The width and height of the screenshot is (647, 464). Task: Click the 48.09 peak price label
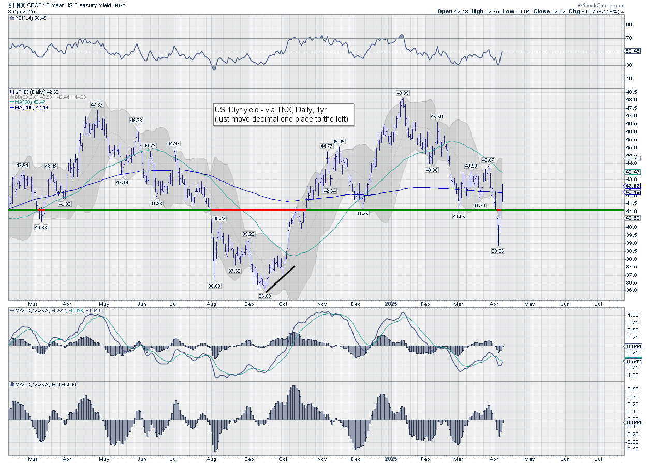coord(403,93)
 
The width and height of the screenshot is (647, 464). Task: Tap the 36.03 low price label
coord(265,296)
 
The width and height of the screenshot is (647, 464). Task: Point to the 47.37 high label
coord(96,105)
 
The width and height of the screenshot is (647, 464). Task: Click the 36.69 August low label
coord(215,286)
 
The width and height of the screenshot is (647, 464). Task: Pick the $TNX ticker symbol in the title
coord(17,5)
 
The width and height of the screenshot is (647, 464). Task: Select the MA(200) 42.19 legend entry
coord(27,107)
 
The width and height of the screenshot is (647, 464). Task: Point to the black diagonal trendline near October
coord(280,279)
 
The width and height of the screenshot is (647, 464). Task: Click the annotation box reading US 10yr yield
coord(284,114)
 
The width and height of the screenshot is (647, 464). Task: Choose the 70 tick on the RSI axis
coord(629,38)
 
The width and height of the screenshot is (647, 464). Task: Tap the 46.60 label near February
coord(437,117)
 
